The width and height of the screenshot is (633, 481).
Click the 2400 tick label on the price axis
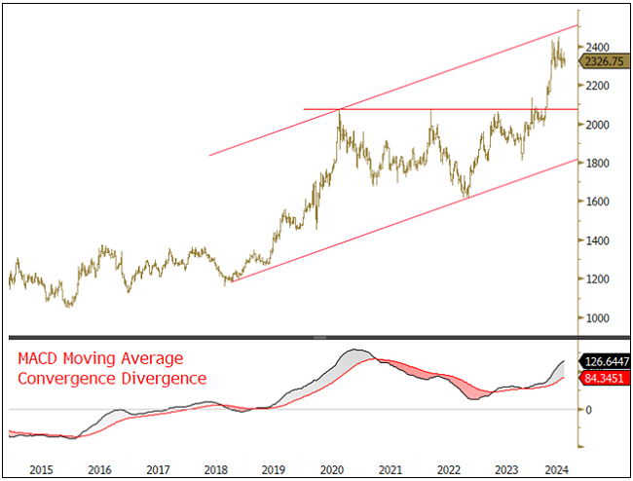pos(598,47)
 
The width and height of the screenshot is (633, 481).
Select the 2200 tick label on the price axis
pos(598,86)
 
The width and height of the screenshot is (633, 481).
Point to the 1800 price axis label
pos(598,163)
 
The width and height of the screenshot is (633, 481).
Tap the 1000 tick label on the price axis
pos(598,318)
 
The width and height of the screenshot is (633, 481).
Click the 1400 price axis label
pos(598,240)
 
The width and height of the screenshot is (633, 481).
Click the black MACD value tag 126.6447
pos(605,358)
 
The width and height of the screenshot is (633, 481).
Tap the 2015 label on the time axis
pos(40,468)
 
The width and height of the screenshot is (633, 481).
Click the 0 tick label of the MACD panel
pos(587,409)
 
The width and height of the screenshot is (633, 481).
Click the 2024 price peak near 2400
pos(556,39)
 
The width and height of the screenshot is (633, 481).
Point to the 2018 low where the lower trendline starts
pos(230,281)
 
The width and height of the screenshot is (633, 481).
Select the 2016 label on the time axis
pos(98,468)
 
